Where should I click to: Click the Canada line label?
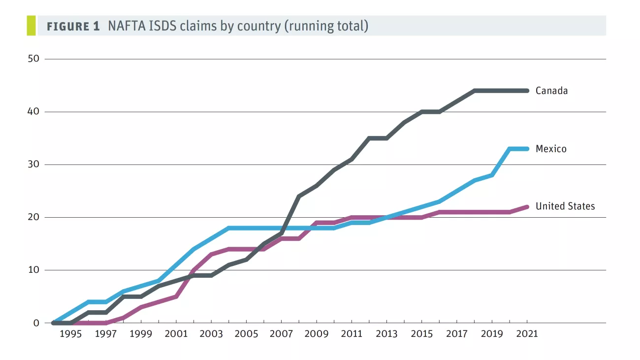(x=551, y=91)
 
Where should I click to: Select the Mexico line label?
(x=551, y=149)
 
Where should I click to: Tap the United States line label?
(x=565, y=206)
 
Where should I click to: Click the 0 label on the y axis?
(x=35, y=323)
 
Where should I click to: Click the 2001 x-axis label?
(x=176, y=334)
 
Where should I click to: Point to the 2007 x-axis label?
(x=281, y=334)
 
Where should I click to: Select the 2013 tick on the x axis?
(x=386, y=334)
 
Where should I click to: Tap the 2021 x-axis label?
(x=527, y=334)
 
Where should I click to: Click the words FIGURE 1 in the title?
(x=73, y=27)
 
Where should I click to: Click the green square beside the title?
(x=31, y=26)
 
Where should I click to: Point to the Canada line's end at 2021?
(x=527, y=91)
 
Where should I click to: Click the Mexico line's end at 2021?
(x=527, y=149)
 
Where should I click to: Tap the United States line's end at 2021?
(x=527, y=207)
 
